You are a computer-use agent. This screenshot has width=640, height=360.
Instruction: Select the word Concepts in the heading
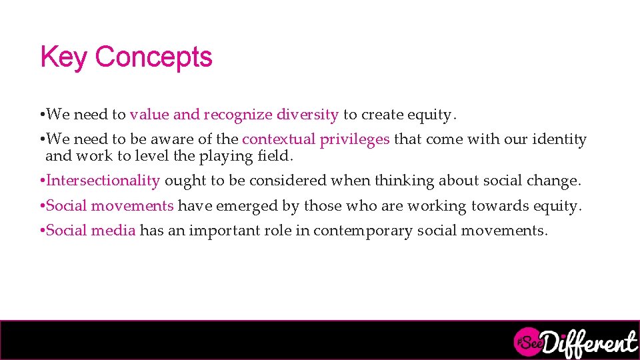(x=154, y=57)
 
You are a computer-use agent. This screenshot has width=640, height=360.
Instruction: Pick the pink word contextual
(x=279, y=139)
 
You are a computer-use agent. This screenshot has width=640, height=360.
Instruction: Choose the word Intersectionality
(x=103, y=181)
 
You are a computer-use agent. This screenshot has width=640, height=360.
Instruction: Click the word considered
(x=291, y=181)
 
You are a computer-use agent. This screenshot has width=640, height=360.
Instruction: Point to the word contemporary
(x=363, y=231)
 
